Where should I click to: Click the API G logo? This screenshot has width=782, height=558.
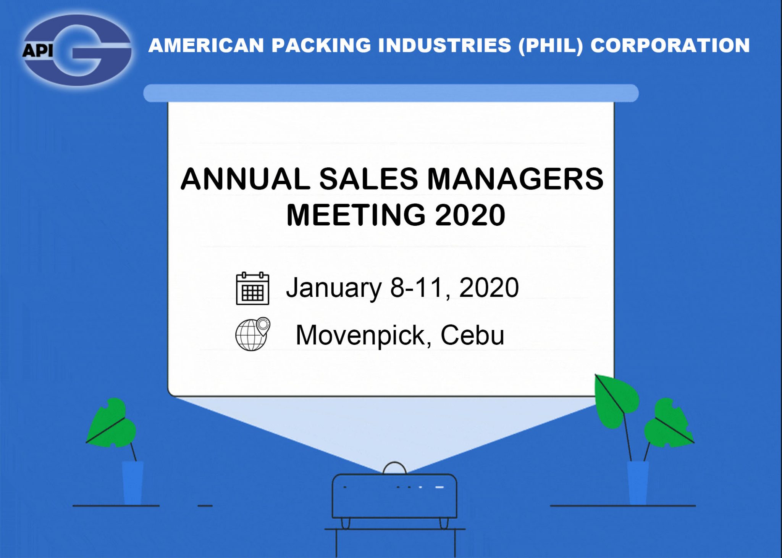(x=77, y=50)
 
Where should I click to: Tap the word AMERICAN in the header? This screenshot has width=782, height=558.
(x=206, y=45)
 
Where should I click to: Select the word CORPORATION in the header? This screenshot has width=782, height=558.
(x=670, y=45)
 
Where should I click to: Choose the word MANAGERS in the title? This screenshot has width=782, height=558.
(x=515, y=178)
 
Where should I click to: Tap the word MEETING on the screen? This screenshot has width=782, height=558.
(x=356, y=215)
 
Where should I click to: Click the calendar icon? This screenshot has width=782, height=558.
(x=252, y=288)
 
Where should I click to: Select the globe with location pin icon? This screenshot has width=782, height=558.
(x=252, y=334)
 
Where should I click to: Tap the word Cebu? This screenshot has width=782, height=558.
(x=472, y=335)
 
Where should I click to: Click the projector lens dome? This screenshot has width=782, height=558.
(x=394, y=468)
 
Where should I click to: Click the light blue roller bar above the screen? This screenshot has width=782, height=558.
(x=391, y=93)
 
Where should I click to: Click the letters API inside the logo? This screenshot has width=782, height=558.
(x=37, y=50)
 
